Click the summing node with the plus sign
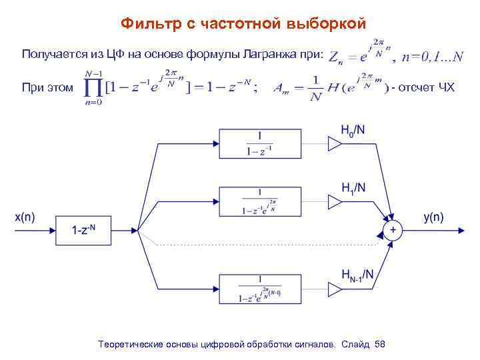click(393, 230)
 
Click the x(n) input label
click(25, 216)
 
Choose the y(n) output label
click(433, 216)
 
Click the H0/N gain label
click(353, 129)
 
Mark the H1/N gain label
click(353, 187)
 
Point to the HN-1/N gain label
click(357, 273)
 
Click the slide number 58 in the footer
click(380, 343)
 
